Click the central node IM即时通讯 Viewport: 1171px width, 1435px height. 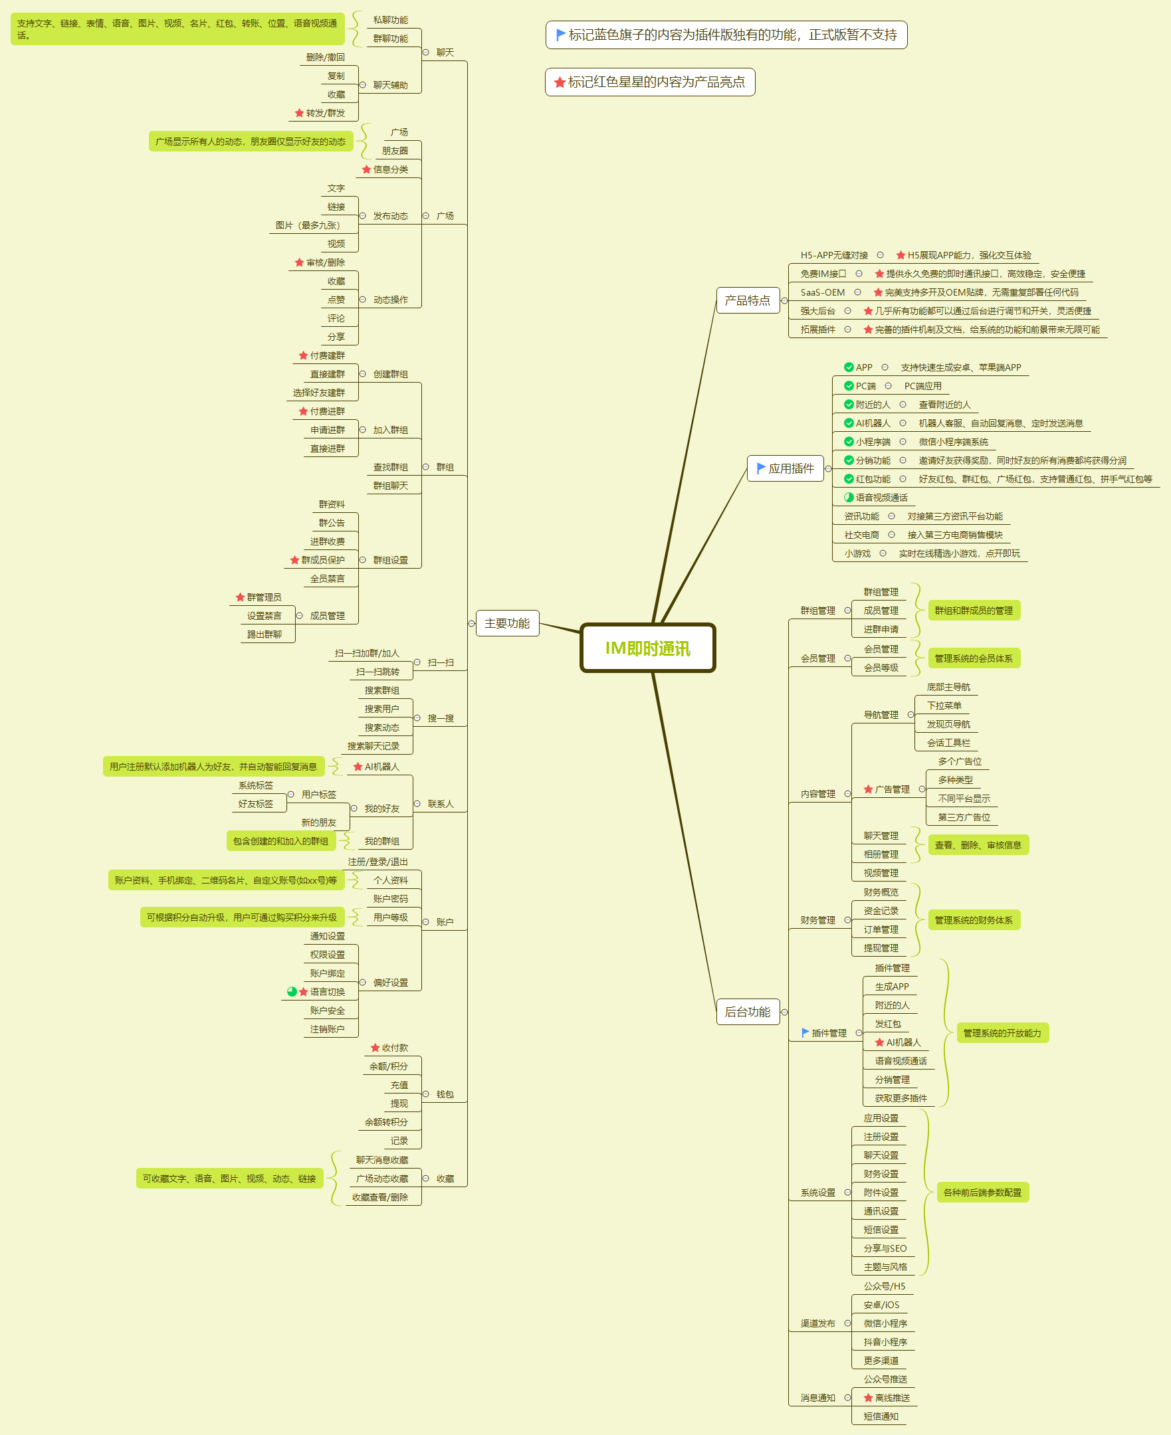pos(647,648)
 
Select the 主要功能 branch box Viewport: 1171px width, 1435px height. pos(506,623)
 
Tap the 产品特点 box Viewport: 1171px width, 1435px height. pos(748,300)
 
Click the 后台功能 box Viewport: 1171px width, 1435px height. pos(748,1012)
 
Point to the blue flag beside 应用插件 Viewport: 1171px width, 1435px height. pos(761,468)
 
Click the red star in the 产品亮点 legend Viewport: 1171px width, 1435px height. pos(559,82)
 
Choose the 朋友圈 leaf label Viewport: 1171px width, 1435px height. pos(395,151)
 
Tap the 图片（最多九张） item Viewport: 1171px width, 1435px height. pos(308,225)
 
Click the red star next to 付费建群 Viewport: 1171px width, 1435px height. pos(304,355)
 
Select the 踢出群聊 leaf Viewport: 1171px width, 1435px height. pos(264,634)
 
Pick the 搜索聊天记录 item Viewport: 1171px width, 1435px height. pos(373,746)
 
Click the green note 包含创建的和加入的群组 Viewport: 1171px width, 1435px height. pos(280,841)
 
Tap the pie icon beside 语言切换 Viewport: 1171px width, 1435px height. pos(292,992)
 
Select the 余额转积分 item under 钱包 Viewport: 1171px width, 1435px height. pos(386,1122)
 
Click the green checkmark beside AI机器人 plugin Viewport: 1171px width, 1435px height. pos(849,423)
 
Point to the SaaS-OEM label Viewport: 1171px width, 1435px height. pos(822,292)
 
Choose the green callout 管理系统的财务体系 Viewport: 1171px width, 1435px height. pos(974,920)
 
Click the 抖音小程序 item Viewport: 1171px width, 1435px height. pos(885,1342)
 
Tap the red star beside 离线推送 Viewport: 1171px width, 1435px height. pos(868,1398)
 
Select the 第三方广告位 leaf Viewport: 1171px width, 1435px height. pos(964,817)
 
